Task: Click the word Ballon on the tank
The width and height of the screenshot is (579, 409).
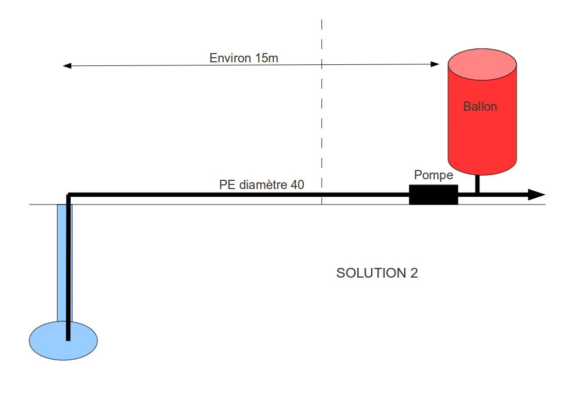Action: click(479, 107)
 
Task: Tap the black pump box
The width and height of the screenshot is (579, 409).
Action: click(433, 195)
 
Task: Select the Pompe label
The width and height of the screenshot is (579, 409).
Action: click(433, 175)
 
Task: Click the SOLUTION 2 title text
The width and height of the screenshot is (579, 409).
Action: click(377, 273)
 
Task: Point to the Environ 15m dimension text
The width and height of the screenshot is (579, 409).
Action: click(243, 58)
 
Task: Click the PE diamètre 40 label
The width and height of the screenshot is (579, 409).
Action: click(261, 184)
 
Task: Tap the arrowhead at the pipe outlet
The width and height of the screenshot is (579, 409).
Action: click(536, 195)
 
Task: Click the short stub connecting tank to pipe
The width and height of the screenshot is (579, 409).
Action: click(477, 183)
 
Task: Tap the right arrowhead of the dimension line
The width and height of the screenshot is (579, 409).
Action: click(435, 64)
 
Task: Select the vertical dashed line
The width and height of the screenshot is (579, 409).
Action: click(322, 113)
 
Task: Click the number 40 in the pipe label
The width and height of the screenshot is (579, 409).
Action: click(297, 184)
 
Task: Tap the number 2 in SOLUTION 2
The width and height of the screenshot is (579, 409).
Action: click(413, 273)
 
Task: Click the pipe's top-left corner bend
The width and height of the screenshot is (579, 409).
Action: click(69, 195)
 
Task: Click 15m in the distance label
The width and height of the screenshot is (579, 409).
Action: click(266, 58)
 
